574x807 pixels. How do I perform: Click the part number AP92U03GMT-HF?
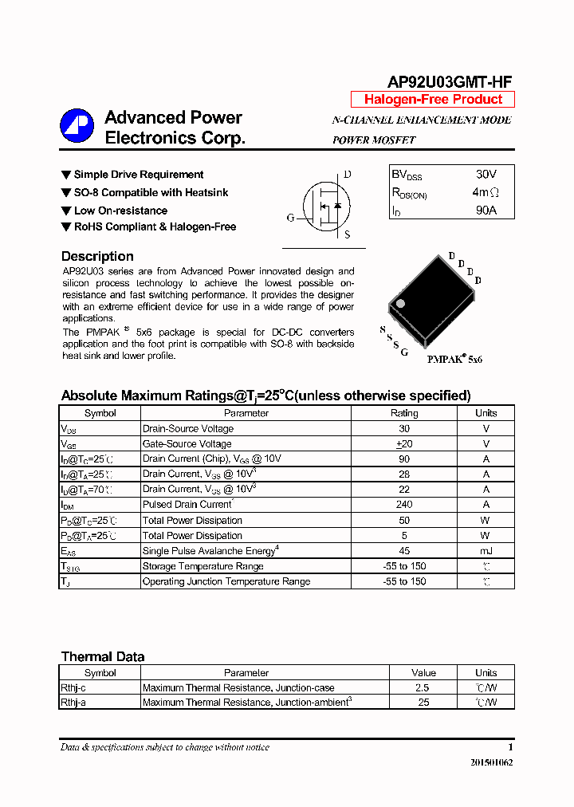[449, 82]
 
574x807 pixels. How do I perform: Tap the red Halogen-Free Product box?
[433, 100]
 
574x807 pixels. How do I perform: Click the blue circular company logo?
[77, 126]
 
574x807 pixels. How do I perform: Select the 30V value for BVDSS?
[486, 174]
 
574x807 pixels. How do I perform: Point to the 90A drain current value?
[486, 211]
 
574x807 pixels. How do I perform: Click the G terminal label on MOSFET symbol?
[291, 217]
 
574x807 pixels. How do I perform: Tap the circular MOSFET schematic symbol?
[325, 206]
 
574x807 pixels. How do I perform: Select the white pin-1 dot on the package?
[401, 303]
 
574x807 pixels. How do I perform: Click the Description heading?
[97, 257]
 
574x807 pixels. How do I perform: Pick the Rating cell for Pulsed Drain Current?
[403, 505]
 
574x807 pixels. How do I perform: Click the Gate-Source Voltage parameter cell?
[187, 444]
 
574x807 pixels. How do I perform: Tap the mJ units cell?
[486, 551]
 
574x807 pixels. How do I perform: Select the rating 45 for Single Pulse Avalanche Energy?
[403, 551]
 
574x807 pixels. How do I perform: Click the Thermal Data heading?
[103, 657]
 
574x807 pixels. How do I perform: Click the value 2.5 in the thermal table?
[423, 687]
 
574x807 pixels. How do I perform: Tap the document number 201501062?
[491, 763]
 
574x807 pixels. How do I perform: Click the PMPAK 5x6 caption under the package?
[454, 360]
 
